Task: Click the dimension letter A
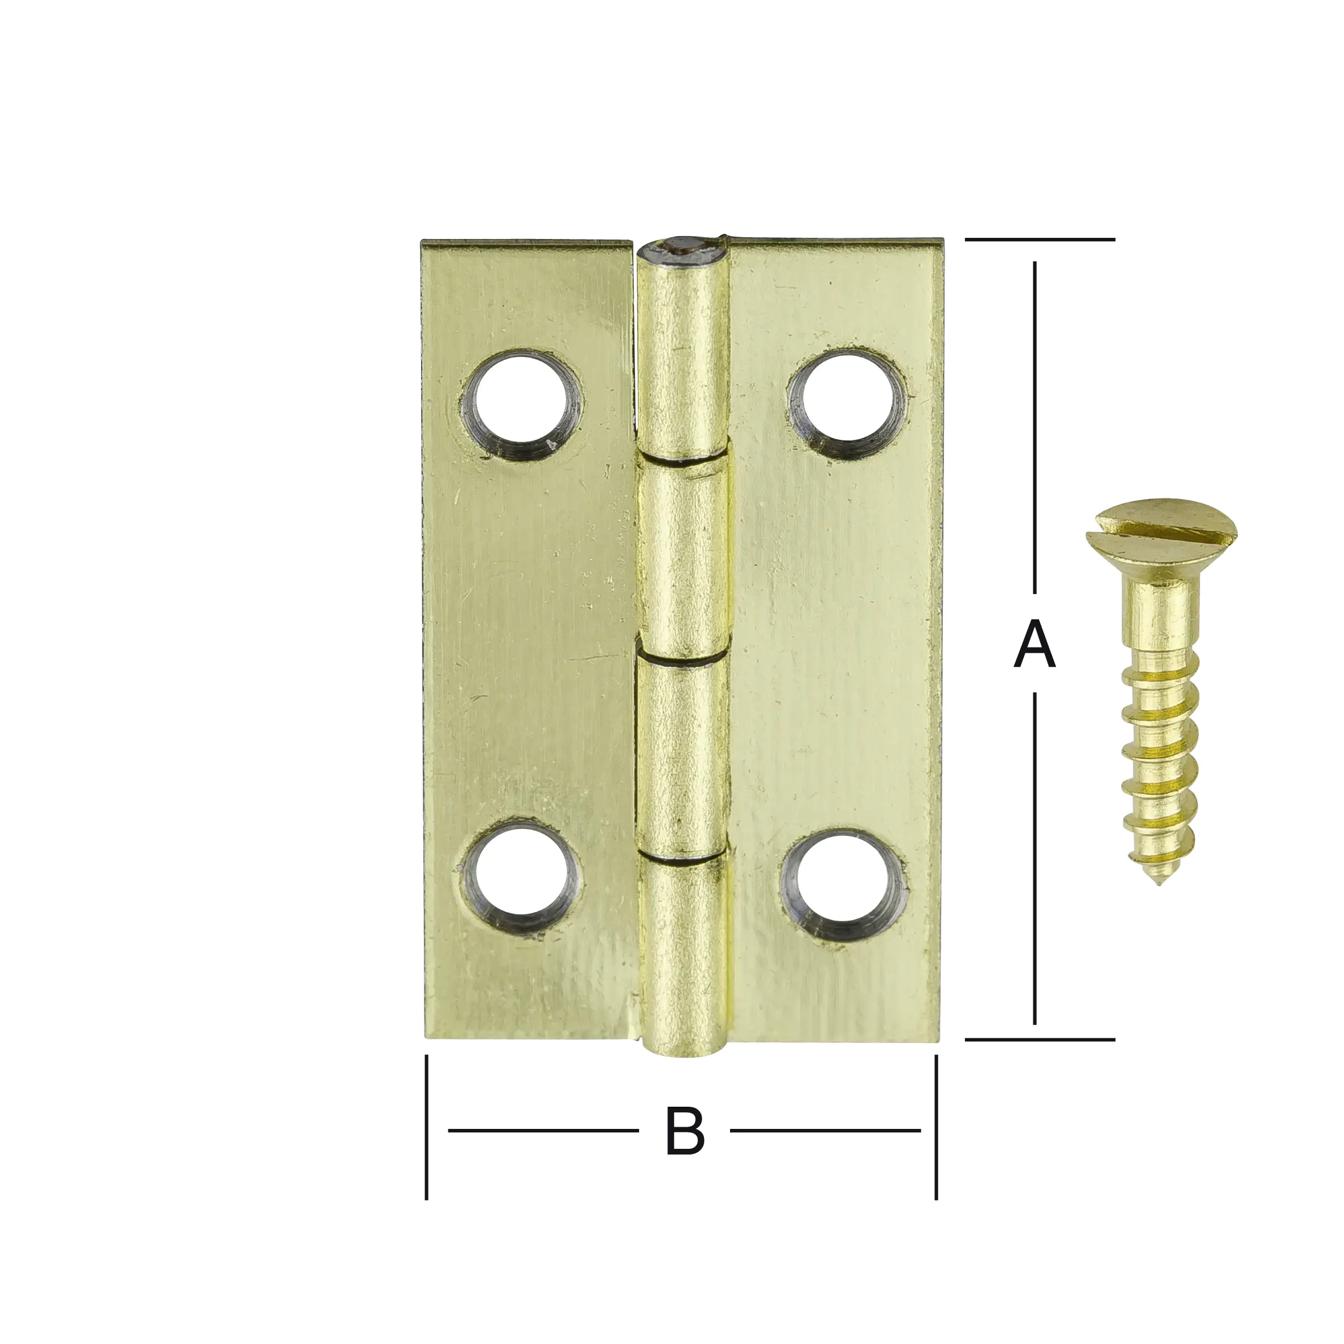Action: click(1035, 646)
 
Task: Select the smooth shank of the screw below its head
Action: click(1160, 616)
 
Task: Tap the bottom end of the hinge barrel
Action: click(683, 1050)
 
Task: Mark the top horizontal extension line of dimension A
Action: click(1040, 240)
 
